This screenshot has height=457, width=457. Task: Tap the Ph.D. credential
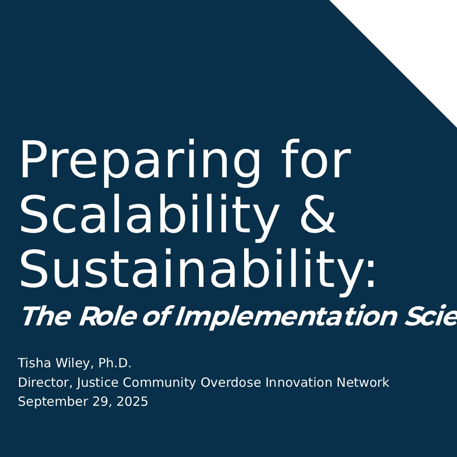tap(115, 363)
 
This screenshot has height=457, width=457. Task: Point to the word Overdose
tap(231, 383)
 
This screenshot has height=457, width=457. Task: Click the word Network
tap(363, 383)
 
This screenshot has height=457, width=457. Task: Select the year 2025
tap(132, 402)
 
